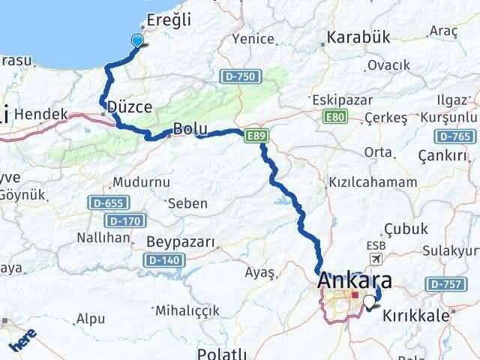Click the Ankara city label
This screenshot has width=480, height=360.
click(x=355, y=281)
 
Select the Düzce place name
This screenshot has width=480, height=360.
click(x=130, y=106)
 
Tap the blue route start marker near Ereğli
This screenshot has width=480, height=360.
click(x=137, y=41)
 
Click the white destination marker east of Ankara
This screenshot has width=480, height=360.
click(x=369, y=303)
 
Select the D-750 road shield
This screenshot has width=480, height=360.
click(x=237, y=76)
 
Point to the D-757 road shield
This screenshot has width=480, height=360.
click(x=442, y=284)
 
